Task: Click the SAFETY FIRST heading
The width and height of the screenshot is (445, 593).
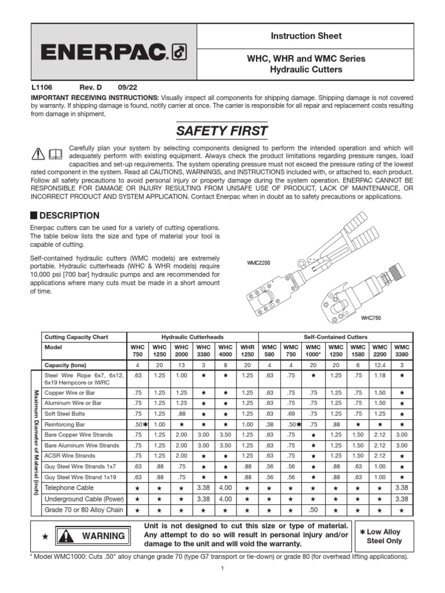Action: (222, 131)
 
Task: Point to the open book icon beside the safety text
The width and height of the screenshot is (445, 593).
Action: (54, 153)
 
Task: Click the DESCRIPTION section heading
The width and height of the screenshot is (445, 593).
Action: (69, 215)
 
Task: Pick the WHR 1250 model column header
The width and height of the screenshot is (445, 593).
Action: (247, 350)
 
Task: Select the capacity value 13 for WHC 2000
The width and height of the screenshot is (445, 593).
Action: (181, 365)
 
